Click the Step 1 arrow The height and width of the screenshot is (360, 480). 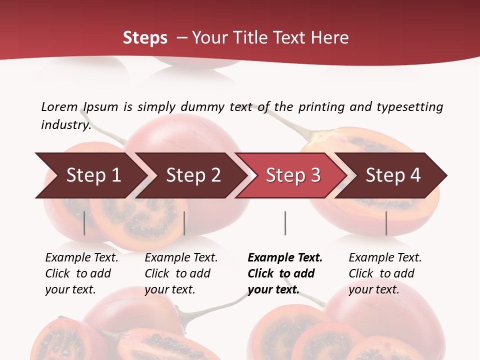tap(92, 175)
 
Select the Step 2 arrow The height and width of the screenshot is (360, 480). tap(192, 175)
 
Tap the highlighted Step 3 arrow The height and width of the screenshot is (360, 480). tap(292, 175)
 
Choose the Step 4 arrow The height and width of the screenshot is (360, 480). tap(393, 175)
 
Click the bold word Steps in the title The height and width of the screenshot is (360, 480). tap(145, 38)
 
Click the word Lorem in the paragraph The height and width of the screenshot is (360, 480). tap(59, 107)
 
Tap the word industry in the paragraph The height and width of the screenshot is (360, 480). tap(65, 125)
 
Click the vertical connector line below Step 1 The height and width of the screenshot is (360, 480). tap(84, 223)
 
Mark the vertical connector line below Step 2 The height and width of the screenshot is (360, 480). tap(184, 223)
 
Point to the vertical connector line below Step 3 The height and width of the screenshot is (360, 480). tap(285, 223)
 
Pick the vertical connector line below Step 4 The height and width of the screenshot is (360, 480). tap(386, 223)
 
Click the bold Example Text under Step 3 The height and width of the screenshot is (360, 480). tap(285, 258)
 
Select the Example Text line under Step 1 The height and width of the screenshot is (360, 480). tap(81, 258)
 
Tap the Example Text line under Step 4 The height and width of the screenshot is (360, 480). tap(385, 258)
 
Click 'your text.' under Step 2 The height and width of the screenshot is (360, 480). tap(169, 289)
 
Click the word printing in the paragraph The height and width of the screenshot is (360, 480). tap(320, 107)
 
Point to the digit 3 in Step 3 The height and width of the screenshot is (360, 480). tap(315, 175)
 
